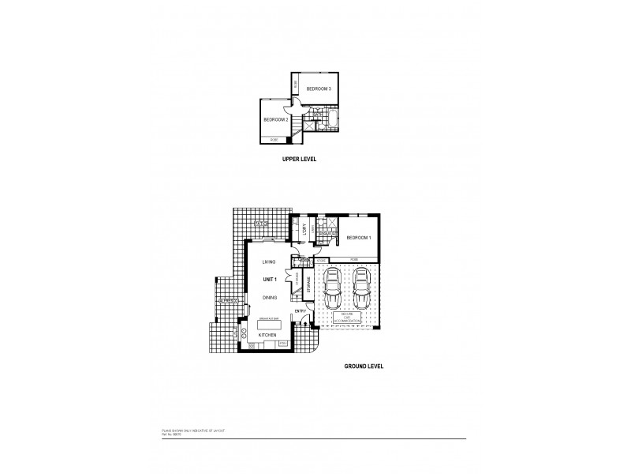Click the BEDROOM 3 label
pyautogui.click(x=319, y=89)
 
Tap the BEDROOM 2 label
pyautogui.click(x=275, y=119)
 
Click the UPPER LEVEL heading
pyautogui.click(x=299, y=159)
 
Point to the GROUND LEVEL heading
pyautogui.click(x=364, y=367)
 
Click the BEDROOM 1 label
pyautogui.click(x=358, y=238)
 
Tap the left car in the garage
pyautogui.click(x=333, y=290)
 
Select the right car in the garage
pyautogui.click(x=360, y=290)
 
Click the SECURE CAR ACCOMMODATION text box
pyautogui.click(x=346, y=319)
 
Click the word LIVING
pyautogui.click(x=269, y=261)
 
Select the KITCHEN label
pyautogui.click(x=268, y=335)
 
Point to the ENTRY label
pyautogui.click(x=301, y=311)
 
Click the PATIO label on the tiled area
pyautogui.click(x=261, y=224)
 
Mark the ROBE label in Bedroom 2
pyautogui.click(x=274, y=140)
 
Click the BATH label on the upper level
pyautogui.click(x=316, y=115)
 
